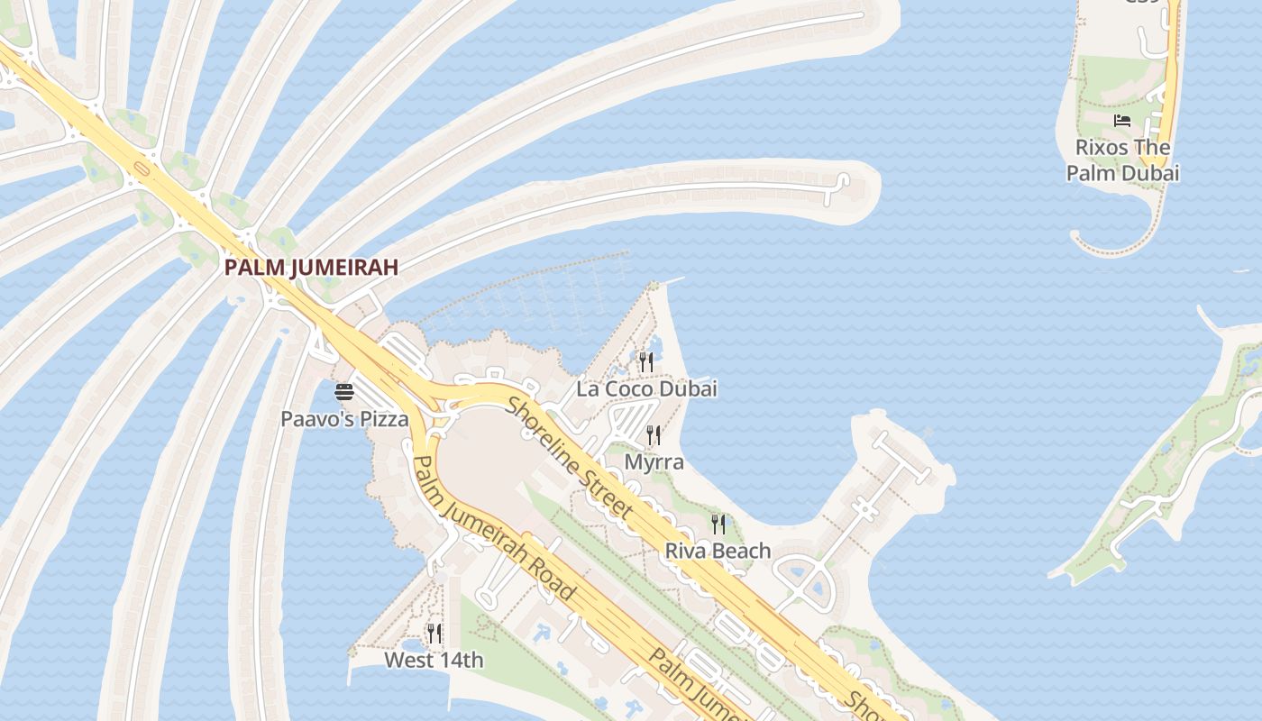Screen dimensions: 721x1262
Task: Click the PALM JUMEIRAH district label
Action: tap(311, 268)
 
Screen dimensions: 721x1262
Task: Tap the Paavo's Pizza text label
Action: tap(344, 419)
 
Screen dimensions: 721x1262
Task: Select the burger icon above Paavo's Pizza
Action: tap(344, 392)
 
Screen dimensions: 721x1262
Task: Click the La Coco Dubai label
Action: tap(647, 389)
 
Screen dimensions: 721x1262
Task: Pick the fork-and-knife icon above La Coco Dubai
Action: tap(646, 362)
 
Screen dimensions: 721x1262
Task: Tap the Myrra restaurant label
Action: tap(654, 462)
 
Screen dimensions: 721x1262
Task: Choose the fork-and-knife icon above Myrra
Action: tap(654, 435)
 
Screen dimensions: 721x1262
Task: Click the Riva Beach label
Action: tap(718, 551)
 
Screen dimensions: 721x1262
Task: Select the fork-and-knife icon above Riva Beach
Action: tap(718, 524)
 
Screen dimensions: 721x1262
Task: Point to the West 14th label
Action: tap(434, 661)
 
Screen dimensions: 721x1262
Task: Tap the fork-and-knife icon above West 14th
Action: tap(434, 634)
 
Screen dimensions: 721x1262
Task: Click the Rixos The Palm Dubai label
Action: tap(1123, 160)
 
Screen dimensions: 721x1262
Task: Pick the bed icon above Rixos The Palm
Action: tap(1122, 121)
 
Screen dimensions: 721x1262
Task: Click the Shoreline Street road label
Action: tap(569, 459)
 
